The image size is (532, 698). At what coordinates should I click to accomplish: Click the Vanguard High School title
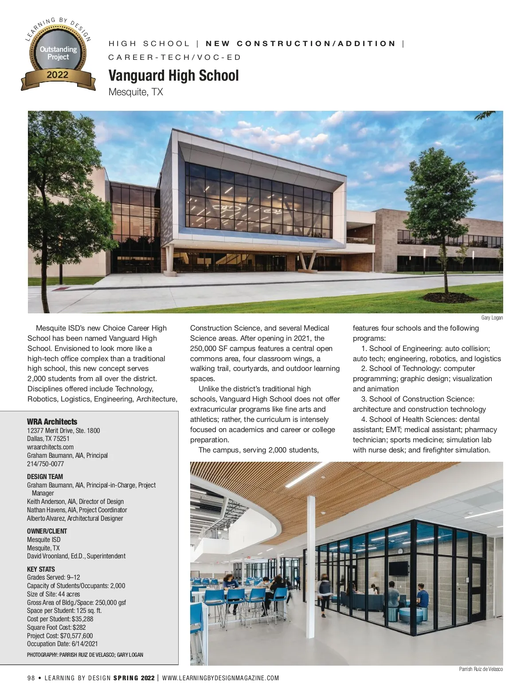click(173, 76)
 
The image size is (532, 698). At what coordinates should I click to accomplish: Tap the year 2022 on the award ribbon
click(58, 75)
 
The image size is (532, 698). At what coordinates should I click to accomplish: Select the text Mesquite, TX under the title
click(136, 92)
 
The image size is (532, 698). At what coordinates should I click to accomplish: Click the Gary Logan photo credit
click(492, 318)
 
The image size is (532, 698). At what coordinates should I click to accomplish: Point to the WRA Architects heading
click(52, 422)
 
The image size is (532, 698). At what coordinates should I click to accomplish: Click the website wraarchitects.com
click(50, 447)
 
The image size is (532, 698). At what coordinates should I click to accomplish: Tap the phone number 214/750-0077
click(45, 464)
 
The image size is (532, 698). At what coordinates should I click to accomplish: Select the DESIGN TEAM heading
click(45, 477)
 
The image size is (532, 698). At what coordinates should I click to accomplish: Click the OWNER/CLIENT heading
click(47, 531)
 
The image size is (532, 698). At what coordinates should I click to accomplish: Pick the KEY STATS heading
click(41, 569)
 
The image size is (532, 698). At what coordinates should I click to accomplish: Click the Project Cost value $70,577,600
click(76, 636)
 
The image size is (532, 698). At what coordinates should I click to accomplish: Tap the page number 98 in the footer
click(31, 678)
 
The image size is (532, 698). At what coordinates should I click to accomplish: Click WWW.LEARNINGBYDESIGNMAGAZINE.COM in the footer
click(221, 678)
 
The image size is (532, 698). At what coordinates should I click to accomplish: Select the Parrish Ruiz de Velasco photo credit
click(481, 669)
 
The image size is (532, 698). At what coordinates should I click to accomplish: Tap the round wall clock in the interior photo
click(400, 551)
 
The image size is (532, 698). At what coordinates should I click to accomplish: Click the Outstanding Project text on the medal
click(58, 53)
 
